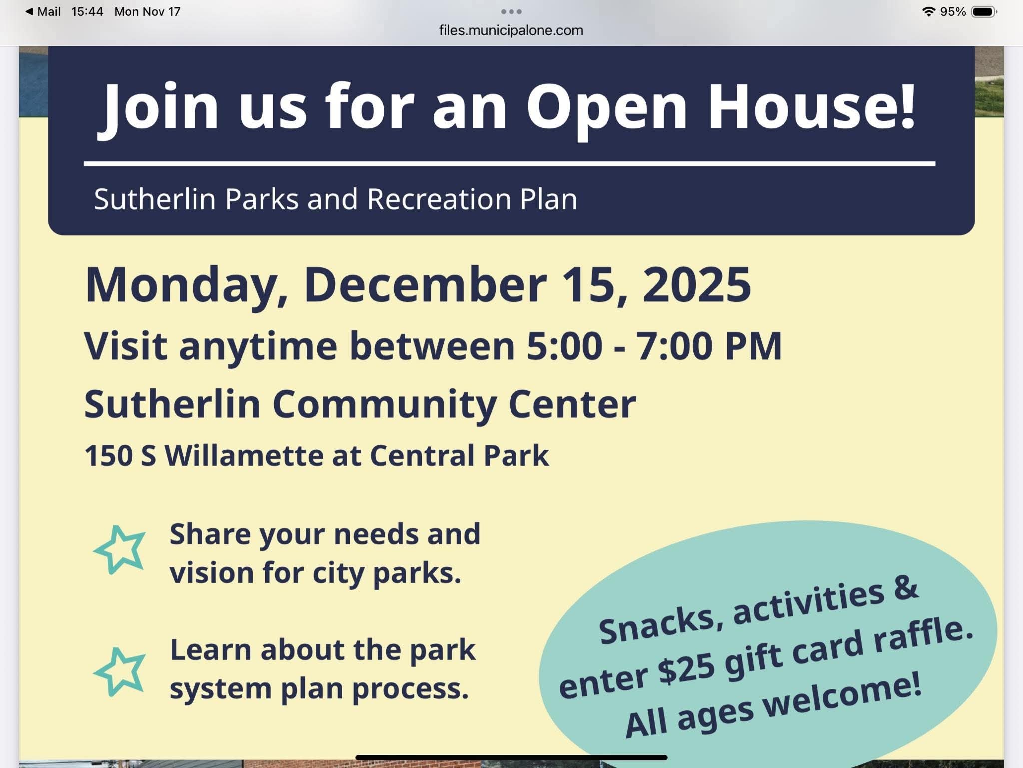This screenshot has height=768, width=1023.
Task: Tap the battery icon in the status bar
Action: click(x=984, y=12)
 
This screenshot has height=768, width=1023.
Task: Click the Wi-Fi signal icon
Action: click(x=928, y=12)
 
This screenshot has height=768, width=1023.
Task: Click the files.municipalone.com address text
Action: click(x=511, y=30)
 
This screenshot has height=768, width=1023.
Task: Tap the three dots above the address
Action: click(x=511, y=11)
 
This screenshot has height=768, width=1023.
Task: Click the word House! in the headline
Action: click(x=812, y=106)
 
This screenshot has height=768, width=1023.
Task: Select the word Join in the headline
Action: click(x=159, y=110)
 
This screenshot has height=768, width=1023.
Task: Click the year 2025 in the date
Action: click(x=696, y=284)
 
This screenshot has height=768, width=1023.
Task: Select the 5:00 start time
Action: click(x=564, y=345)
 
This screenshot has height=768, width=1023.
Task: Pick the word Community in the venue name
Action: click(x=384, y=405)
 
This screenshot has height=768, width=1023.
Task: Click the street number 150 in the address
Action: click(x=109, y=456)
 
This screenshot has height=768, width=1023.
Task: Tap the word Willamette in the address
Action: click(x=244, y=455)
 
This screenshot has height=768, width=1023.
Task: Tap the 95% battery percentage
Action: click(x=953, y=12)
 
